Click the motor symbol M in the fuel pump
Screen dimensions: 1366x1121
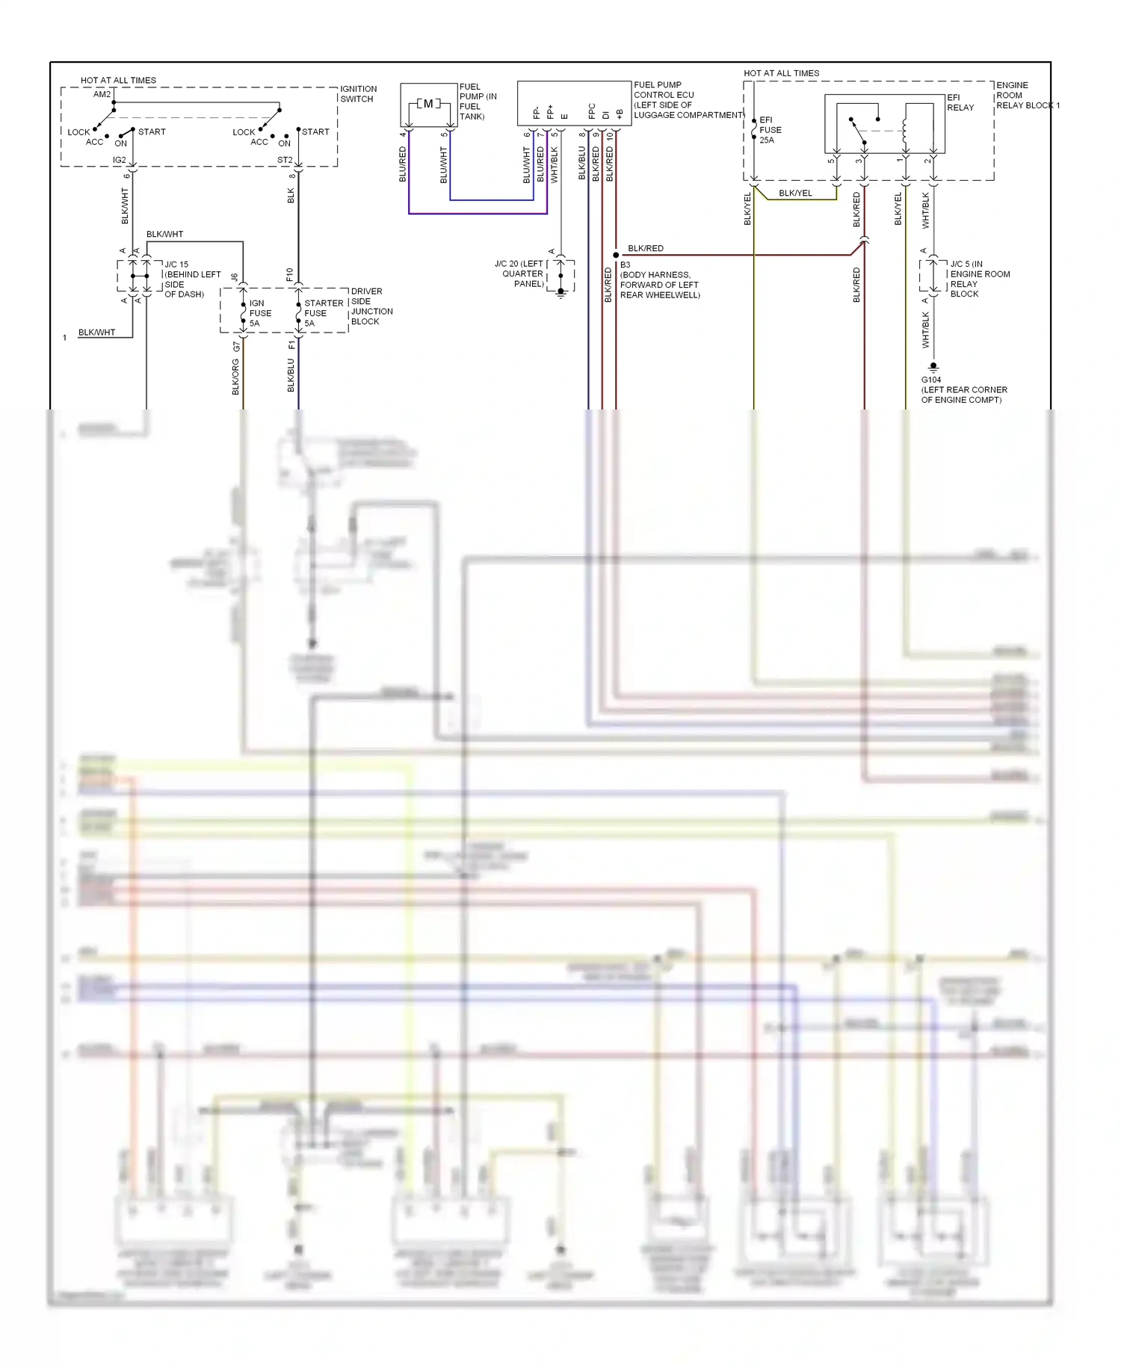coord(428,104)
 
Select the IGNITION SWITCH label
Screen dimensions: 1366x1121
coord(358,94)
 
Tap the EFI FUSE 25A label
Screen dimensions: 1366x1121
coord(770,130)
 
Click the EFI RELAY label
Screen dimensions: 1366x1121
coord(960,102)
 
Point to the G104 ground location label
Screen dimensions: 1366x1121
coord(963,390)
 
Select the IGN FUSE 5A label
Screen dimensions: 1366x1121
coord(259,313)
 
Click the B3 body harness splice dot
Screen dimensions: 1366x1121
coord(616,255)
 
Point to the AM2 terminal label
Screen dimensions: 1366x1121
coord(102,94)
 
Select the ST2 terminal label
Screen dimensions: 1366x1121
coord(285,160)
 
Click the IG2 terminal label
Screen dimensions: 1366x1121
coord(120,160)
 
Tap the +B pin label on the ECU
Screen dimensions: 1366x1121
coord(620,114)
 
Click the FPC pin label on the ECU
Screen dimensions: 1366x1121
coord(592,111)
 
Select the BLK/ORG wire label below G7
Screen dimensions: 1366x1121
coord(236,377)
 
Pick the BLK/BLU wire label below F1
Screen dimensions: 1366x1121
coord(291,375)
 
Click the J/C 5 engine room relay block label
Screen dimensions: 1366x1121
coord(979,279)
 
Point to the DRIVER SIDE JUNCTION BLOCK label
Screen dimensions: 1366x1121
coord(371,306)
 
